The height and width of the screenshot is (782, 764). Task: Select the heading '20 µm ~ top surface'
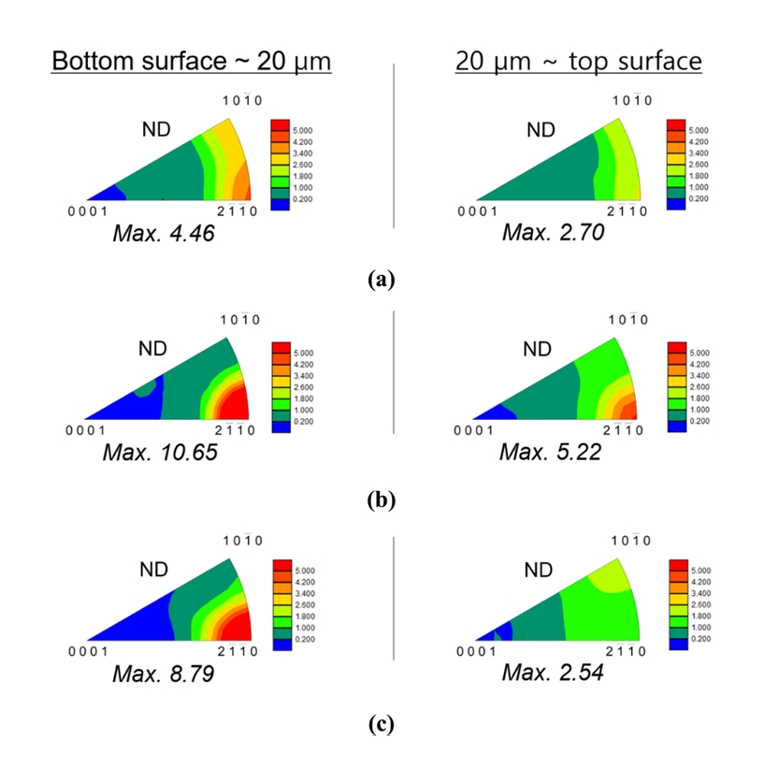578,62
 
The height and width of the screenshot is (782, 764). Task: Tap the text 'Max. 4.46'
164,233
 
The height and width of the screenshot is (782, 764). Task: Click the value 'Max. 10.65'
165,453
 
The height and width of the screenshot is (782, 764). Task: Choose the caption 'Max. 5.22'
550,453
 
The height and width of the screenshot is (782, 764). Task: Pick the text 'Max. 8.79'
164,673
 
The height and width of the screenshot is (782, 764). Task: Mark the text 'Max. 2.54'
552,672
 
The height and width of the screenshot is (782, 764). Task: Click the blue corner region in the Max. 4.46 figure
108,194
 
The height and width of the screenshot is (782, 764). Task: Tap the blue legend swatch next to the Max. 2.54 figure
680,644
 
